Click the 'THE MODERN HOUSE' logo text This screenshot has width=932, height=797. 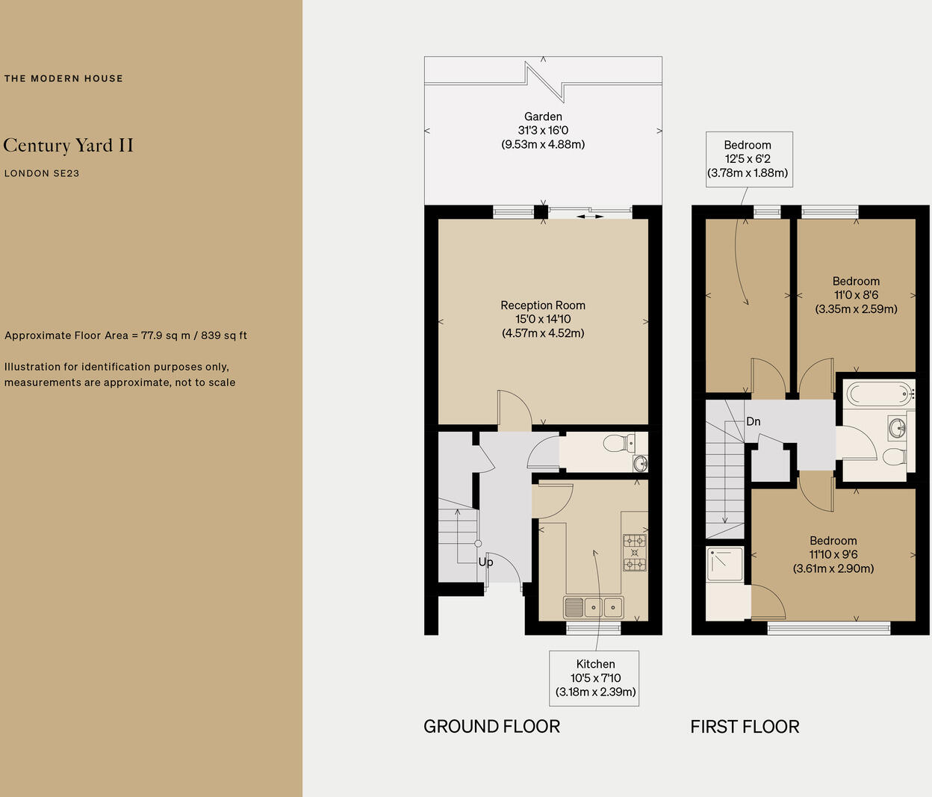pyautogui.click(x=63, y=78)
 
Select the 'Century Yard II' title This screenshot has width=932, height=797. pyautogui.click(x=68, y=145)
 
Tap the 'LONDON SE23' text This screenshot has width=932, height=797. pyautogui.click(x=42, y=173)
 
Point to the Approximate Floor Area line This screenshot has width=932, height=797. pyautogui.click(x=125, y=335)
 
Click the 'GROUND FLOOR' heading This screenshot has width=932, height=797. pyautogui.click(x=491, y=726)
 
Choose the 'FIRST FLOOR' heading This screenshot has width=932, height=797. pyautogui.click(x=745, y=726)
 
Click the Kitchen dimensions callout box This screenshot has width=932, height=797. pyautogui.click(x=595, y=677)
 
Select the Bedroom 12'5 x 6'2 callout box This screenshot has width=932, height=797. pyautogui.click(x=748, y=159)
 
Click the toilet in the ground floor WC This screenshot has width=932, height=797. pyautogui.click(x=617, y=444)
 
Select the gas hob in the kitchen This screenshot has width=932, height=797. pyautogui.click(x=635, y=552)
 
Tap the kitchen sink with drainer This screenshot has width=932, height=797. pyautogui.click(x=594, y=607)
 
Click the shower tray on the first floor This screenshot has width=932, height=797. pyautogui.click(x=724, y=565)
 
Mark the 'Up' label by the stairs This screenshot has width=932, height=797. pyautogui.click(x=485, y=562)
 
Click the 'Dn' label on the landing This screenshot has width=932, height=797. pyautogui.click(x=754, y=421)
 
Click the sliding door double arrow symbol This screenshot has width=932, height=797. pyautogui.click(x=590, y=217)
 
